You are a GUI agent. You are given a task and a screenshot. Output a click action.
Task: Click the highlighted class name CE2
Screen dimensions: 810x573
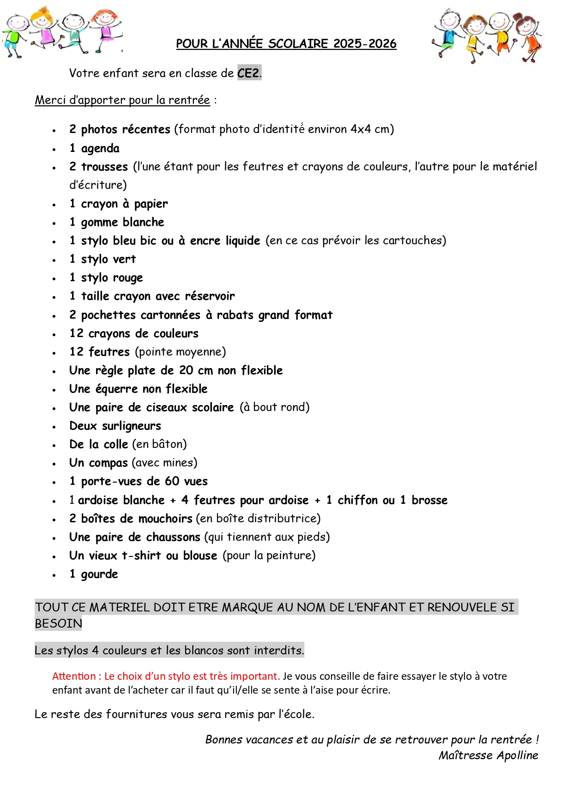[x=248, y=73]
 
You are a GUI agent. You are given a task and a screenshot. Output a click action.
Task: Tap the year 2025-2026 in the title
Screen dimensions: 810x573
[x=365, y=44]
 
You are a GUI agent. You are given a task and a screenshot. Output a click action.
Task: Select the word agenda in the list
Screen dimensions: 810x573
[x=100, y=148]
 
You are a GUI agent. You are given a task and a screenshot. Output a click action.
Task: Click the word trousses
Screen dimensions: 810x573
[x=104, y=167]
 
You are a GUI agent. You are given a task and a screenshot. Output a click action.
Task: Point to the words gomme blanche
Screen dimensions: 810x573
[x=122, y=222]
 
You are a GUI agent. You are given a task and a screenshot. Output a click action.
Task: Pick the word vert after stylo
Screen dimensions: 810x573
[x=124, y=259]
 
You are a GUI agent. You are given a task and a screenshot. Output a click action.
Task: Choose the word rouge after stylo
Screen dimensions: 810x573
[x=127, y=278]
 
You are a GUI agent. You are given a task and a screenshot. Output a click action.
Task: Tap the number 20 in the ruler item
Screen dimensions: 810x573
[x=186, y=370]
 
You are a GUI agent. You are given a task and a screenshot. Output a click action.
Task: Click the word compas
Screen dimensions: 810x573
[x=108, y=463]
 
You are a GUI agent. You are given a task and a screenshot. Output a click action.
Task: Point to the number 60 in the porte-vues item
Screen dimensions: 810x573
[x=172, y=481]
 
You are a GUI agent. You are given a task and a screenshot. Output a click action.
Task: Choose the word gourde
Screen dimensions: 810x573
[x=99, y=574]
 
